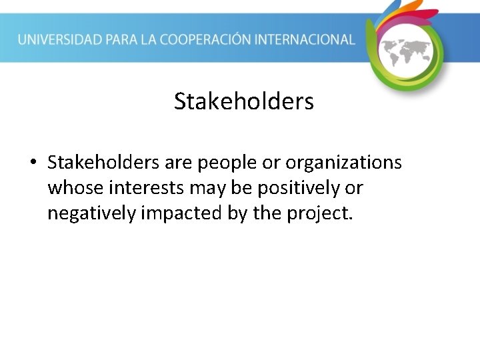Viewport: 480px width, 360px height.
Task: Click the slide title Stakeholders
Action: pyautogui.click(x=243, y=102)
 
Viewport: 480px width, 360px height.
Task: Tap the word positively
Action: pyautogui.click(x=296, y=189)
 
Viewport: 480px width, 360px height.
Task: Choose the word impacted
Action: pyautogui.click(x=175, y=214)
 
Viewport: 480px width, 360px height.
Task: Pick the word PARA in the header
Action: pyautogui.click(x=125, y=39)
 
